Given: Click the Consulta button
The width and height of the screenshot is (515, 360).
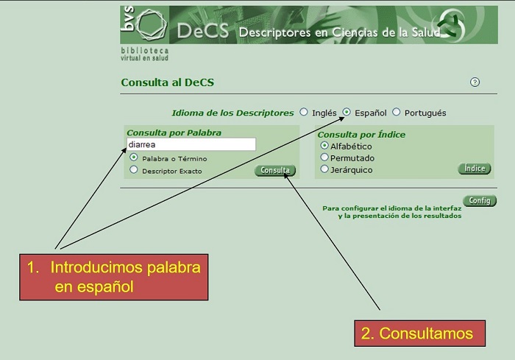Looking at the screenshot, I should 275,171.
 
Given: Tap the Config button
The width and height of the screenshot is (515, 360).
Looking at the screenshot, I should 479,201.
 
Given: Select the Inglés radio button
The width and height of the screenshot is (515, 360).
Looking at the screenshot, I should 303,113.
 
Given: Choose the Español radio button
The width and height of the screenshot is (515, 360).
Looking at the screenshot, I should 347,113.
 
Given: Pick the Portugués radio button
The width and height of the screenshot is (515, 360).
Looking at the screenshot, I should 397,113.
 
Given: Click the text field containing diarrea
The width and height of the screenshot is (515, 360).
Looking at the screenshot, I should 191,145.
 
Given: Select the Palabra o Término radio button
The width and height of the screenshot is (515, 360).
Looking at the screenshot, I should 134,158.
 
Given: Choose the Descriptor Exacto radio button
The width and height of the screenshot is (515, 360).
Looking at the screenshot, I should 134,169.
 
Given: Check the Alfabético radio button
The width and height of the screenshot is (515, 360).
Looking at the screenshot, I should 324,146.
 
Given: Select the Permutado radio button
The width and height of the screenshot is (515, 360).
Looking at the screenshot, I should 324,158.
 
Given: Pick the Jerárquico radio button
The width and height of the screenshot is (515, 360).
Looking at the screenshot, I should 324,169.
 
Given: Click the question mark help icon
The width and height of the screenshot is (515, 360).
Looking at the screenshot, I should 475,82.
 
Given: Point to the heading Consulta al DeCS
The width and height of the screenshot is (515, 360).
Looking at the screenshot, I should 168,82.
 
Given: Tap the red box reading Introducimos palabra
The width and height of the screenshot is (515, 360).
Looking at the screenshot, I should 114,277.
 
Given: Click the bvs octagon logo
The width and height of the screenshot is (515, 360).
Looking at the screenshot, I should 152,25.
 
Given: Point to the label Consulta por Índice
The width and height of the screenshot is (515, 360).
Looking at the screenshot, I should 361,135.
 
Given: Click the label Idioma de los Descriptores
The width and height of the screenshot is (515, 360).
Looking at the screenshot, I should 232,113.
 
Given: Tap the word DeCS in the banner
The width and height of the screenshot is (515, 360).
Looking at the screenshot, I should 203,32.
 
